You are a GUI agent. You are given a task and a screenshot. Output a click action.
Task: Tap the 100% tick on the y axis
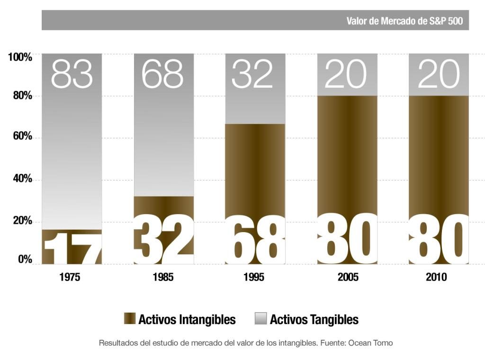point(20,57)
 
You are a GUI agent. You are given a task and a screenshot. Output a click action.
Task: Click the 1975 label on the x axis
point(70,278)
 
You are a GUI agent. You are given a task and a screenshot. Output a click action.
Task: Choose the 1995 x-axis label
point(254,278)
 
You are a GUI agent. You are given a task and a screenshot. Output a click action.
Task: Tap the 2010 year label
point(436,278)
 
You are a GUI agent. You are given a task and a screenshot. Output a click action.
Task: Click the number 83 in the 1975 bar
point(72,74)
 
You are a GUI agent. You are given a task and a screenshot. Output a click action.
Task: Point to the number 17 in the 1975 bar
point(72,247)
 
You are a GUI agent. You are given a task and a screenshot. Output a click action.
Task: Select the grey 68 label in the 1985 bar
point(162,74)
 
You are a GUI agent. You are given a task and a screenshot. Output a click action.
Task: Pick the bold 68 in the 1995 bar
point(255,240)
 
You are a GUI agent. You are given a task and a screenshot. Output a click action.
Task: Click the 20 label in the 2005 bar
point(345,74)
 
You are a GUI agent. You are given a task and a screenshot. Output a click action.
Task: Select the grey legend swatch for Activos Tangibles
point(261,319)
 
